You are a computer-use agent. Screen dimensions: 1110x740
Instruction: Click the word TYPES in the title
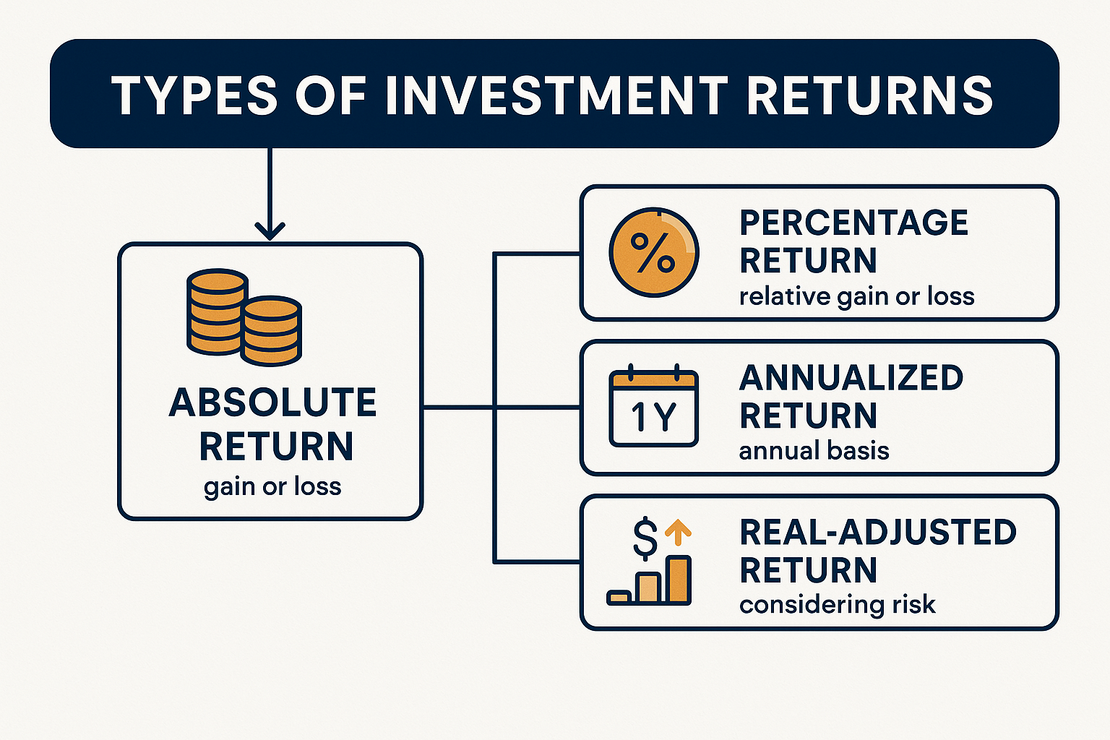click(x=194, y=95)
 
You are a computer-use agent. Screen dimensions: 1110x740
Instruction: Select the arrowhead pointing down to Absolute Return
click(x=270, y=231)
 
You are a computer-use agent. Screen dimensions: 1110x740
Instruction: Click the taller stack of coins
click(x=217, y=311)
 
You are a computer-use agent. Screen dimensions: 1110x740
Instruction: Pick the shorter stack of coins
click(x=271, y=331)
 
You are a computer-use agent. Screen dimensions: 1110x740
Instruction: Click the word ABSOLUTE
click(x=273, y=402)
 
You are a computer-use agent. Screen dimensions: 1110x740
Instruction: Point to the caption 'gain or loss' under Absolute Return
click(x=272, y=487)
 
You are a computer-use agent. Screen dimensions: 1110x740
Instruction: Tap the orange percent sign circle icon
click(x=654, y=252)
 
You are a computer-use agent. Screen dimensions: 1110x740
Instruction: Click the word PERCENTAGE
click(x=853, y=223)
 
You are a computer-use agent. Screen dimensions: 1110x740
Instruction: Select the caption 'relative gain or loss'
click(x=857, y=297)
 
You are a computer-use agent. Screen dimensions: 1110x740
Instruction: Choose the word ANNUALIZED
click(x=851, y=378)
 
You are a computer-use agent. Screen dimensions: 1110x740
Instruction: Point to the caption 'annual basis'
click(x=814, y=451)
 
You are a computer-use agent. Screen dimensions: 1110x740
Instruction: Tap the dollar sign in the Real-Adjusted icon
click(x=645, y=538)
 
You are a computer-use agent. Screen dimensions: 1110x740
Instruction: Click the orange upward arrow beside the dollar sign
click(x=678, y=533)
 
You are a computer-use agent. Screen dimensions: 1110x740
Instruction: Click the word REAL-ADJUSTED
click(x=878, y=533)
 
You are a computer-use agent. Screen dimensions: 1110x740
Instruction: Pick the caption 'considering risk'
click(x=838, y=605)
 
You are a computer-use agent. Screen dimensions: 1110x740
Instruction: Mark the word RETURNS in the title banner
click(x=869, y=95)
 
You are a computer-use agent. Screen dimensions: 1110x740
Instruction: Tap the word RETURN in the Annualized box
click(x=808, y=416)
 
